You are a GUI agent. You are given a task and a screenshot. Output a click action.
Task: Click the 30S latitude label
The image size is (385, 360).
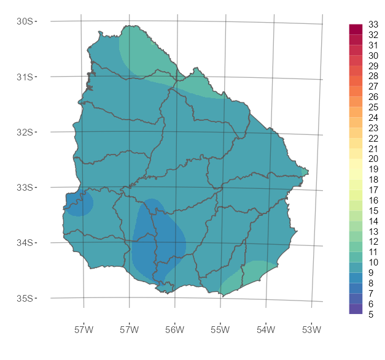25,21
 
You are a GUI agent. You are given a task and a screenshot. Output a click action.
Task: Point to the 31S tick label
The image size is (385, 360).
25,77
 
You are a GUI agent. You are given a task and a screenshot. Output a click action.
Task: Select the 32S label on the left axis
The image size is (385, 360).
25,132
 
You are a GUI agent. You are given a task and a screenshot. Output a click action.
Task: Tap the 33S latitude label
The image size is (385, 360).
25,187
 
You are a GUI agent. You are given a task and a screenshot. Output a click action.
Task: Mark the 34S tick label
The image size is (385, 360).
25,243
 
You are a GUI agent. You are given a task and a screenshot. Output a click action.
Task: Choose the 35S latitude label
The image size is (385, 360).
25,298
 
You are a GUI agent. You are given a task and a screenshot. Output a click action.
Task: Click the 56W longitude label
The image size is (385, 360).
174,331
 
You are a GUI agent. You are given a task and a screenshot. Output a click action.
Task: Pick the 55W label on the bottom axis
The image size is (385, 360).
220,331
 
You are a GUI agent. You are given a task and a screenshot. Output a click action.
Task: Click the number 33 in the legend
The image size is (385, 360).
373,25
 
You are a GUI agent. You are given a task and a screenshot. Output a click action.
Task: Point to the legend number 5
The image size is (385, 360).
371,315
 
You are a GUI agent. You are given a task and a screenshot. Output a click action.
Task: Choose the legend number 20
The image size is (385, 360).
373,159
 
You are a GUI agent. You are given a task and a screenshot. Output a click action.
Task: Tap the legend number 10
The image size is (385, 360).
373,262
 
